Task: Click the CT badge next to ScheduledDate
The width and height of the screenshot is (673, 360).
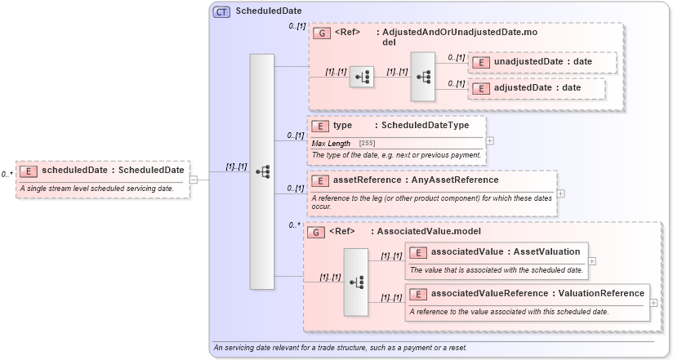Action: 221,11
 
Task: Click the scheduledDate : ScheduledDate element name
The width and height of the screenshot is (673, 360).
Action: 113,171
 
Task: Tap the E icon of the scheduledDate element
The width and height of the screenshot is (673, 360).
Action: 29,171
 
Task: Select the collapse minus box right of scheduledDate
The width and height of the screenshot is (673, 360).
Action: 194,180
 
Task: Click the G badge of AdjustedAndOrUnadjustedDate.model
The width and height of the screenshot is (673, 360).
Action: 321,33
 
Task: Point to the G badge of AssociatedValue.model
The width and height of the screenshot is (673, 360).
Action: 315,232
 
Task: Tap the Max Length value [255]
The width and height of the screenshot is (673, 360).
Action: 368,144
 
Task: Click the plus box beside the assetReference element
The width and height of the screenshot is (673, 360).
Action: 561,193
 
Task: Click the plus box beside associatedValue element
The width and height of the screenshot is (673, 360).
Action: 591,261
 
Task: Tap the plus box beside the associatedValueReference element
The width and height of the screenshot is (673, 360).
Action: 653,302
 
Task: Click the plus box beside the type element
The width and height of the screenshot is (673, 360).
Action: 490,140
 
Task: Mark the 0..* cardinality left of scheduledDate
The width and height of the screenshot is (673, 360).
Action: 7,174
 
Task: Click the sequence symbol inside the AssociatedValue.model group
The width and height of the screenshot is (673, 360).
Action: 356,281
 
